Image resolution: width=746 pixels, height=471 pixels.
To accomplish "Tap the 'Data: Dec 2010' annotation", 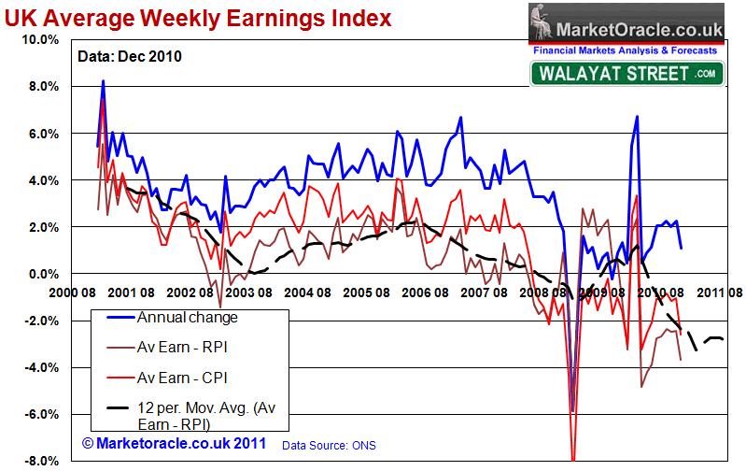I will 129,56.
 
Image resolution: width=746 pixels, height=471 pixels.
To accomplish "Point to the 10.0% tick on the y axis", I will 38,39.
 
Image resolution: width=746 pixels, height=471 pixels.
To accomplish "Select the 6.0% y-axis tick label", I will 41,134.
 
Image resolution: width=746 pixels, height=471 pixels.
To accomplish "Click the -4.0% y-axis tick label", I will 39,367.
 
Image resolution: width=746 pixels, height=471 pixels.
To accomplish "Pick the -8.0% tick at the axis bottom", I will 39,461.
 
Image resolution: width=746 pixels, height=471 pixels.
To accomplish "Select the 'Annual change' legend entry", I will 187,317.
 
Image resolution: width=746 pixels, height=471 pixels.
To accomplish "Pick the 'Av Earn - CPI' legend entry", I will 183,378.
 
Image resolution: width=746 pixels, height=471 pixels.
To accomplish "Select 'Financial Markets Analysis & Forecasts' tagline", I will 626,50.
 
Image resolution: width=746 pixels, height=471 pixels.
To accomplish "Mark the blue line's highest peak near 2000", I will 103,80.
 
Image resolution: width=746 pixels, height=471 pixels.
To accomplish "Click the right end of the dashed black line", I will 723,339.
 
